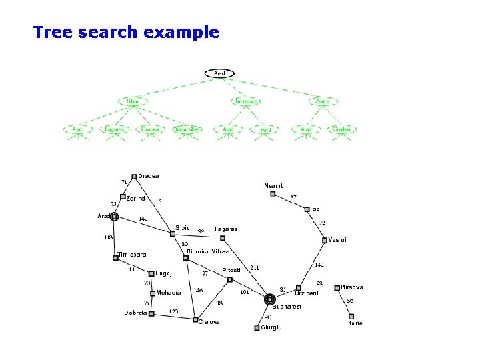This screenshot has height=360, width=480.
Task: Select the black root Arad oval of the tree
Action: click(x=219, y=72)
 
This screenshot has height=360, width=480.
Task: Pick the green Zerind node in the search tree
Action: click(x=323, y=101)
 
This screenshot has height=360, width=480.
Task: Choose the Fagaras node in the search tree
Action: click(x=114, y=129)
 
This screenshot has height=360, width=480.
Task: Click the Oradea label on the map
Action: click(x=149, y=176)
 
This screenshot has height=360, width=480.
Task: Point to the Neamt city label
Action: click(x=273, y=185)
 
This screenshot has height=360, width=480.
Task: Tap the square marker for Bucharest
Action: click(x=269, y=300)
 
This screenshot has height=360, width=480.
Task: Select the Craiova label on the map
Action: click(x=209, y=321)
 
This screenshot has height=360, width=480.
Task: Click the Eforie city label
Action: click(x=354, y=323)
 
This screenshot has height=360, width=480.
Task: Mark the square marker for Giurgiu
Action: click(x=257, y=327)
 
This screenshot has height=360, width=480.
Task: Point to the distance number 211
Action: click(x=254, y=267)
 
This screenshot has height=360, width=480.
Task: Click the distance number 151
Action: click(x=160, y=201)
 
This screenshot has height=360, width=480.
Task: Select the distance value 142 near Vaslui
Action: click(x=319, y=265)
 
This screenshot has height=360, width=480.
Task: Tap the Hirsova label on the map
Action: click(x=352, y=287)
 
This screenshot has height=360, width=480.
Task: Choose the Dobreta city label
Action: click(x=135, y=313)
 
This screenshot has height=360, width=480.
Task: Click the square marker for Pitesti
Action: click(x=230, y=279)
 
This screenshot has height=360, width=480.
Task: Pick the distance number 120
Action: click(x=173, y=311)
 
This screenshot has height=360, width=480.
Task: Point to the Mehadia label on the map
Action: click(x=168, y=293)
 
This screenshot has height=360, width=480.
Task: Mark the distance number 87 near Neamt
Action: click(x=293, y=197)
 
